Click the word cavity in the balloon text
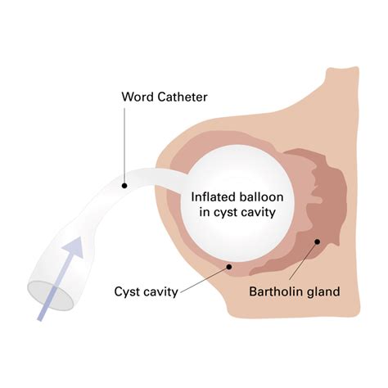click(260, 213)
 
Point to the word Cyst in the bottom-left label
click(130, 290)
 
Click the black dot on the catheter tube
click(124, 185)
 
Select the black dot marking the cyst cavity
click(230, 267)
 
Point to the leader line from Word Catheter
click(124, 147)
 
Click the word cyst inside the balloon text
click(228, 213)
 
